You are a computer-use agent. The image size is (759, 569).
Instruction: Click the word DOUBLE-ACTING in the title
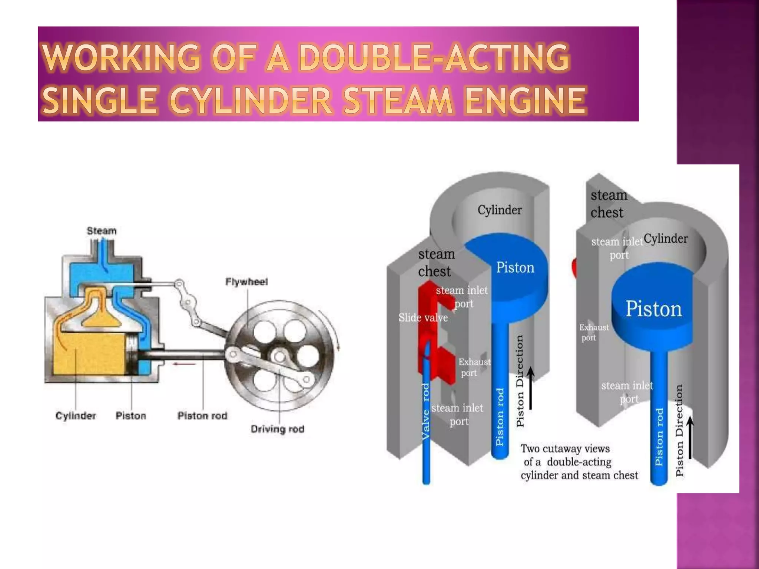pos(434,57)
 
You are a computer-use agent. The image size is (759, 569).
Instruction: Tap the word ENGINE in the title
pos(525,101)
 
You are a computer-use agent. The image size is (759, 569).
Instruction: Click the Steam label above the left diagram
pos(102,231)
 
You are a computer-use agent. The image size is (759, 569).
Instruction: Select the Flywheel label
pos(246,282)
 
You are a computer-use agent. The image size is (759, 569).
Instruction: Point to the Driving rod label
pos(277,429)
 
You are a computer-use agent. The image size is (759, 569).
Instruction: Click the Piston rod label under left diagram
pos(202,416)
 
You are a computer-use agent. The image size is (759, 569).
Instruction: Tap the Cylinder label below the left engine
pos(76,416)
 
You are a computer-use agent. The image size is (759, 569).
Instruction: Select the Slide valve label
pos(423,317)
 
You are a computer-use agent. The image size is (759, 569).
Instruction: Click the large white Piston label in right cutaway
pos(654,309)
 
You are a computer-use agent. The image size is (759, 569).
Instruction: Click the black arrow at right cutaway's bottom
pos(690,437)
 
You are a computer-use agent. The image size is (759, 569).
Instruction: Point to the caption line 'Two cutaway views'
pos(565,449)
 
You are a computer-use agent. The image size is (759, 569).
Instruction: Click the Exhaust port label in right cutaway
pos(593,332)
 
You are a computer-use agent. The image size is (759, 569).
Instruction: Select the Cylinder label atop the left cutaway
pos(499,210)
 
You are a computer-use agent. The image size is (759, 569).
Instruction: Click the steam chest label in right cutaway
pos(608,204)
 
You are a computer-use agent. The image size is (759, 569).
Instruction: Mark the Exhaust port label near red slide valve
pos(474,367)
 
